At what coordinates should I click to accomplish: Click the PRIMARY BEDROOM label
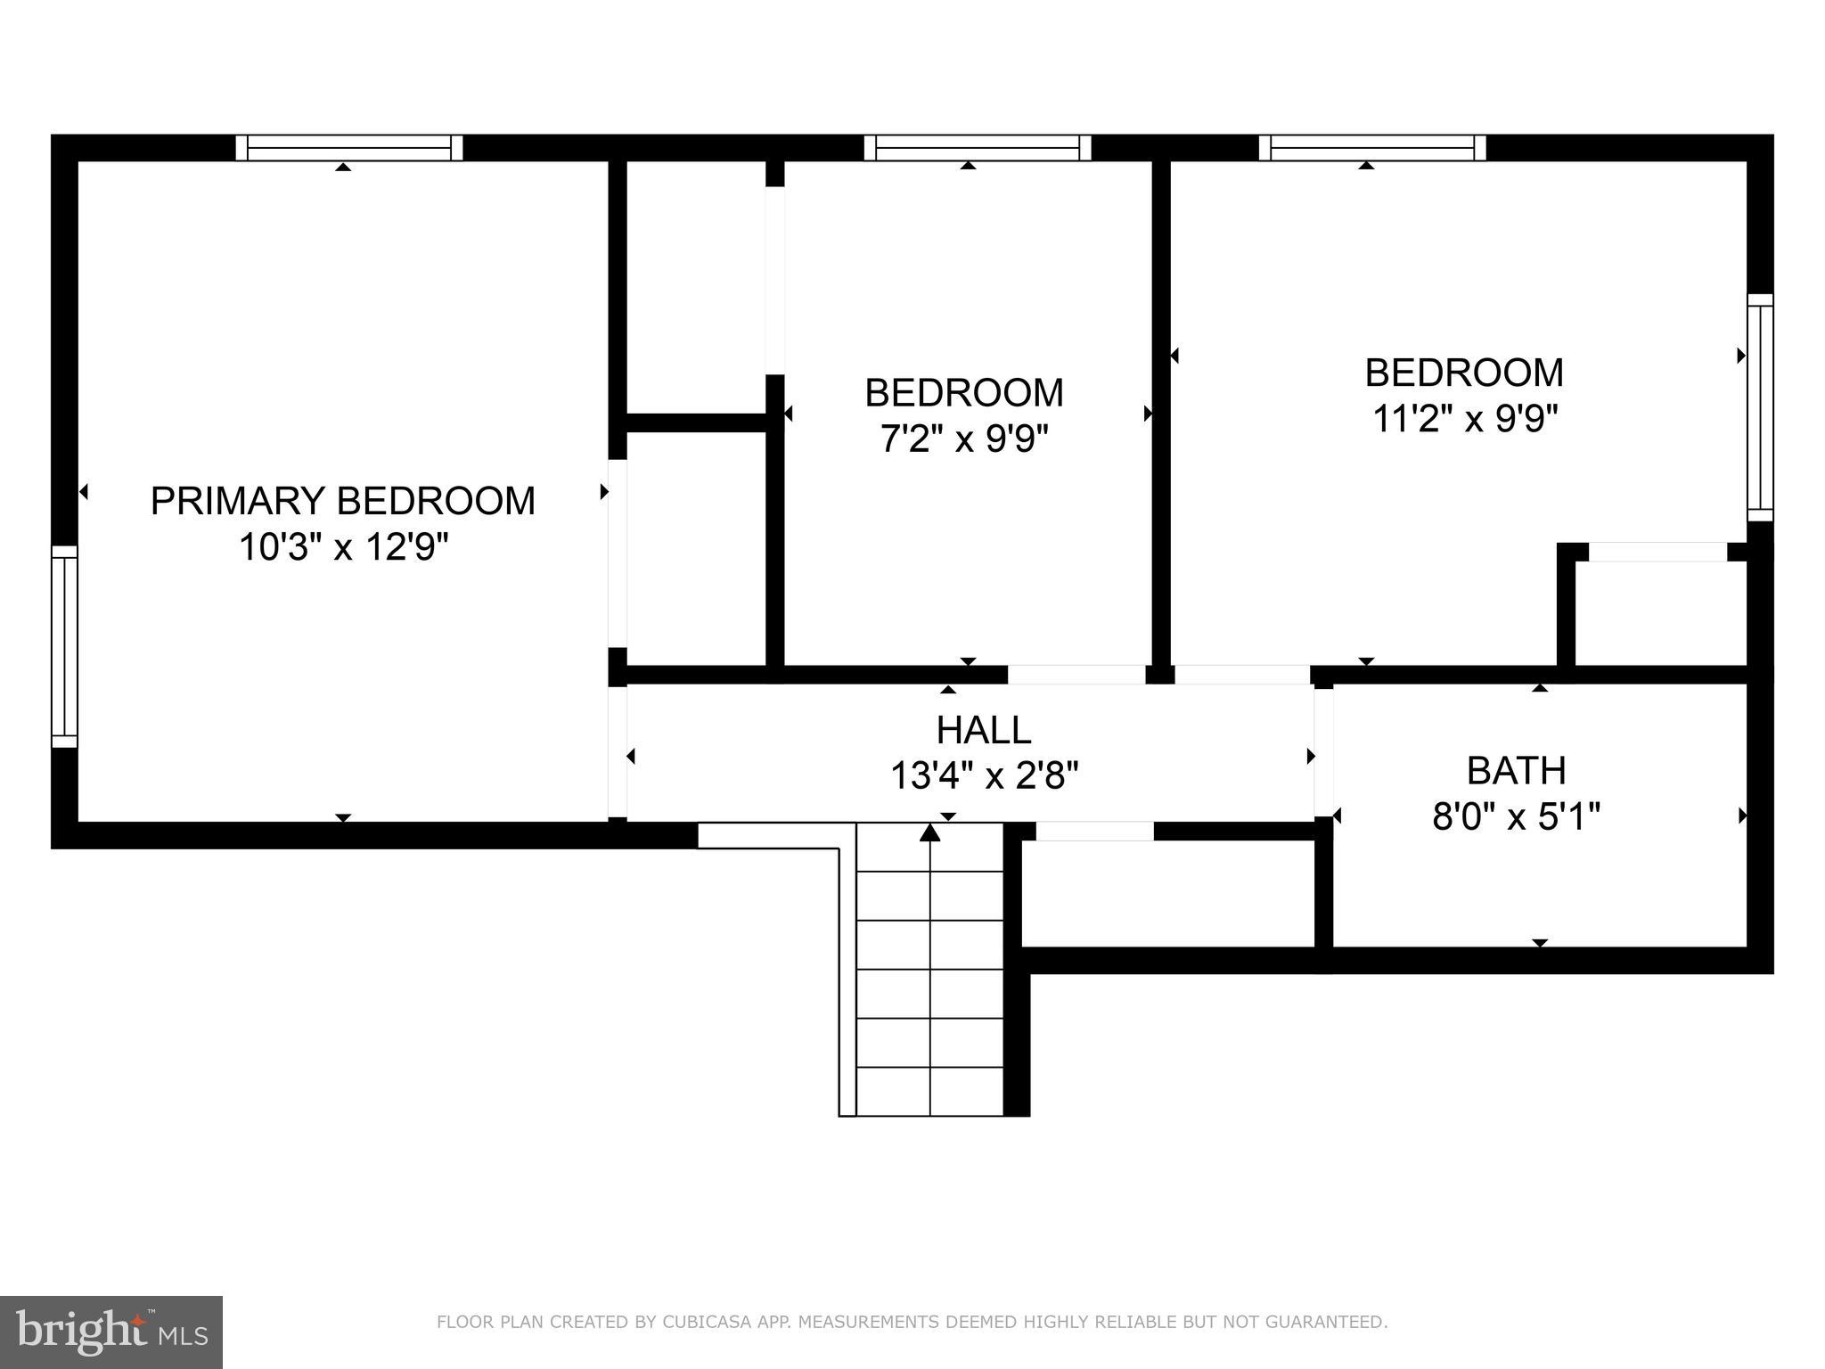[342, 501]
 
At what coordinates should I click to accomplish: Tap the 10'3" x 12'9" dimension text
[342, 547]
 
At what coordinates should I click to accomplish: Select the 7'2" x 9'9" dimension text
[964, 439]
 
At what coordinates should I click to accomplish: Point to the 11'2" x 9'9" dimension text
[1464, 419]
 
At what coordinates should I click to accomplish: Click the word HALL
[984, 731]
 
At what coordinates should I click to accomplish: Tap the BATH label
[1516, 771]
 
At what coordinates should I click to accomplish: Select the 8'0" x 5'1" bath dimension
[1516, 816]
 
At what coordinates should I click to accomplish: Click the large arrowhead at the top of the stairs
[929, 832]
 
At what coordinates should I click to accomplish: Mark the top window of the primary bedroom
[349, 148]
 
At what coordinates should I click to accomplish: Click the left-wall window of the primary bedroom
[64, 646]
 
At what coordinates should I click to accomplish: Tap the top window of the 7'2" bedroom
[978, 148]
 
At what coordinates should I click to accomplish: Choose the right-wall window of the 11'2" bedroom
[1760, 407]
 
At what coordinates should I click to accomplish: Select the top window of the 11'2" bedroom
[1372, 148]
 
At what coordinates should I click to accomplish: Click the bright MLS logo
[110, 1332]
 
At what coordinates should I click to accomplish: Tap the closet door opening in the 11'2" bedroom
[1657, 553]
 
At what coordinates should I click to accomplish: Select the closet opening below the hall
[1094, 831]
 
